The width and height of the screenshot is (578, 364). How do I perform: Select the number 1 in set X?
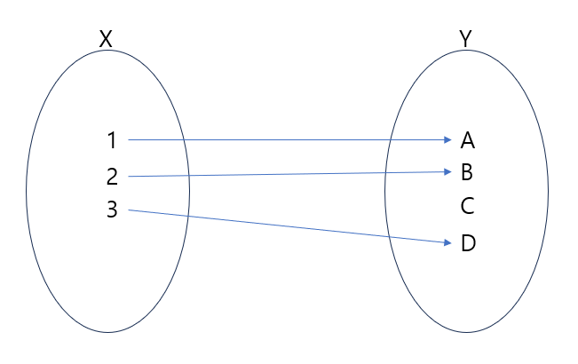pyautogui.click(x=111, y=140)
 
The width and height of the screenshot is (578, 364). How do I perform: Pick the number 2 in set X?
pyautogui.click(x=111, y=177)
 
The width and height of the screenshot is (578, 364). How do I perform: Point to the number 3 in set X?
pyautogui.click(x=111, y=210)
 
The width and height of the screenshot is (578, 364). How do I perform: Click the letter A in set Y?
pyautogui.click(x=468, y=140)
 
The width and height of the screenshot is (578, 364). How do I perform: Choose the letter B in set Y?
pyautogui.click(x=468, y=172)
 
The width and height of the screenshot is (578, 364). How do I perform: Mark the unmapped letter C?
pyautogui.click(x=468, y=207)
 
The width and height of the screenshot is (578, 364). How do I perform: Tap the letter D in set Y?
pyautogui.click(x=468, y=242)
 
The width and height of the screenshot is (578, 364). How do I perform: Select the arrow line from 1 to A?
pyautogui.click(x=284, y=139)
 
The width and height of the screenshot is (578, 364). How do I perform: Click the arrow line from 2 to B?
pyautogui.click(x=284, y=174)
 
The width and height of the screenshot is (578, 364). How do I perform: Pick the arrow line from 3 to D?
pyautogui.click(x=284, y=226)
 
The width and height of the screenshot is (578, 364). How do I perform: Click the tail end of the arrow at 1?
pyautogui.click(x=130, y=139)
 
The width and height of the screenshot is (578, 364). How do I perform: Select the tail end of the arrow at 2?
pyautogui.click(x=130, y=177)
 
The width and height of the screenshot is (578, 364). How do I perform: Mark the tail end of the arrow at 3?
pyautogui.click(x=130, y=210)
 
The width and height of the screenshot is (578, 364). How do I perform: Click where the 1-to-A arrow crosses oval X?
pyautogui.click(x=184, y=139)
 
